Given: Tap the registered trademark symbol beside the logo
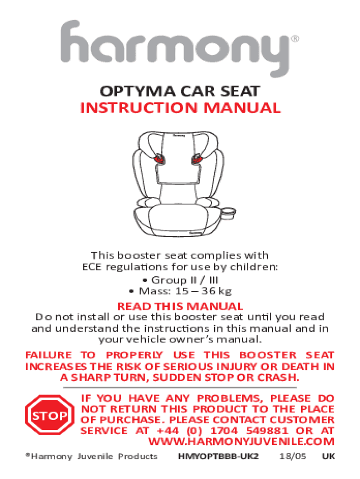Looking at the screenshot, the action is [x=295, y=39].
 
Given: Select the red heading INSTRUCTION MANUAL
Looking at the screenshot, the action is [x=180, y=108].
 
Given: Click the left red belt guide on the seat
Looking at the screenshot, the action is [x=159, y=159].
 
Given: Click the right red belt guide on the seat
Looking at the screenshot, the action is [x=197, y=159].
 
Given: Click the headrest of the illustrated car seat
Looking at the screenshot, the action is [x=178, y=146].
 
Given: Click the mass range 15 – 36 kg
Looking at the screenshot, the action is [x=203, y=291].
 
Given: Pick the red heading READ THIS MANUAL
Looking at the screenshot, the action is [x=180, y=306].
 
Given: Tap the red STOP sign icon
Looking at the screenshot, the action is [x=50, y=415].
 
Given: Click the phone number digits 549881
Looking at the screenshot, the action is [x=267, y=431].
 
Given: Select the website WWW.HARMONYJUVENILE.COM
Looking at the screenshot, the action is [x=242, y=442].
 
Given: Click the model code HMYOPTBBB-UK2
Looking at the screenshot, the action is [x=218, y=457].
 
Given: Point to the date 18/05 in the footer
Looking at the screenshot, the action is [x=293, y=457].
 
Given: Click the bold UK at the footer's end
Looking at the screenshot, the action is [x=329, y=457].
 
